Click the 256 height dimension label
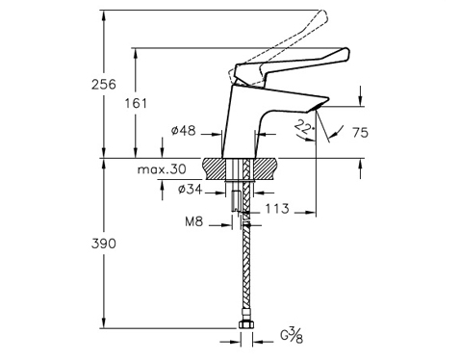pos(104,85)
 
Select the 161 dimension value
pos(136,103)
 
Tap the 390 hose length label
pos(104,244)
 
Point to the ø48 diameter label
pos(184,131)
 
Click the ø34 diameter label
pos(191,190)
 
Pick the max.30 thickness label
pos(162,169)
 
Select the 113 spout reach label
pos(277,209)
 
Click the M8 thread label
pos(194,221)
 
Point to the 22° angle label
pos(303,126)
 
